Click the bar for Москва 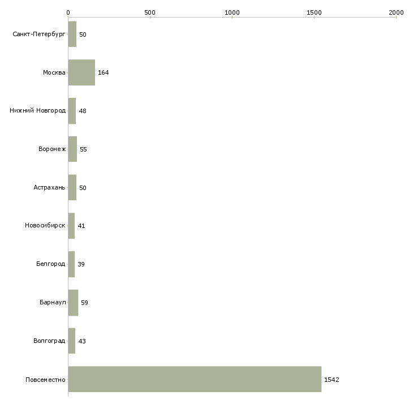click(x=81, y=72)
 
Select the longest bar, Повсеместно click(x=195, y=379)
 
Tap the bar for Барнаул click(x=73, y=303)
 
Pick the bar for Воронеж click(x=72, y=149)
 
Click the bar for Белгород click(x=71, y=264)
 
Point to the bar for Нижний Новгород click(x=72, y=111)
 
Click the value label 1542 click(x=332, y=380)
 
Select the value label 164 click(x=103, y=72)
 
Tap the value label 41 click(x=81, y=226)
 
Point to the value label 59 click(x=84, y=303)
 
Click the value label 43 click(x=82, y=341)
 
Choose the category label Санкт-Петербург click(x=39, y=35)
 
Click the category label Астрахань click(x=49, y=187)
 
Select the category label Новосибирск click(x=45, y=226)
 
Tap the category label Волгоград click(x=49, y=341)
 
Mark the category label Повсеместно click(x=45, y=380)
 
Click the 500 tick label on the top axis click(x=150, y=12)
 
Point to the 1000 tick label click(x=232, y=12)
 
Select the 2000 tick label click(x=396, y=12)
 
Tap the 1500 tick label click(x=314, y=12)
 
